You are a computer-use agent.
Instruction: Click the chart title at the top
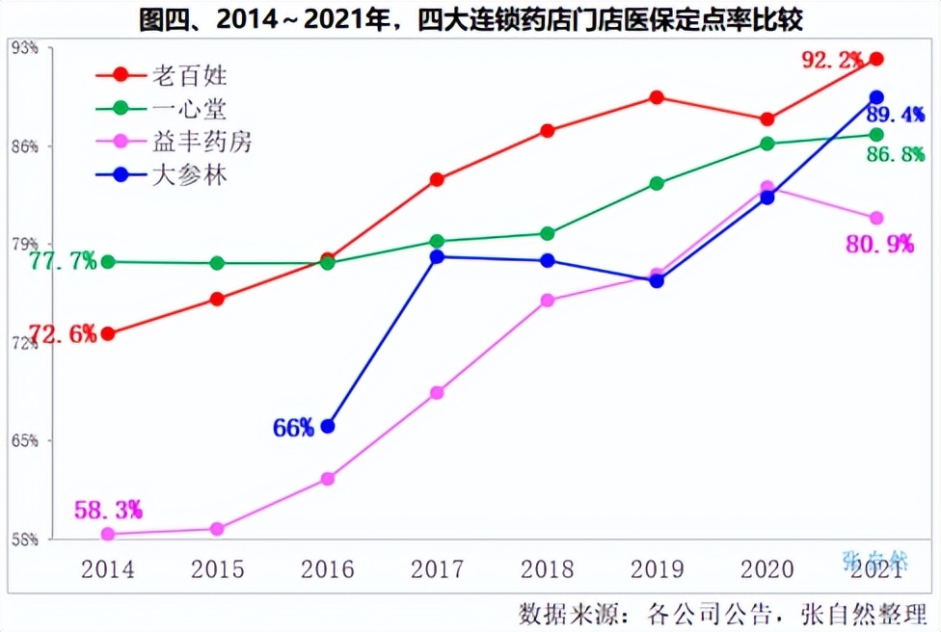470,19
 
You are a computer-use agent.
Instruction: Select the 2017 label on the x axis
437,569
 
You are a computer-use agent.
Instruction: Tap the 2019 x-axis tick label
657,569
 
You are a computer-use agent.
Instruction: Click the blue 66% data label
293,428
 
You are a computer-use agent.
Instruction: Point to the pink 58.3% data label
108,508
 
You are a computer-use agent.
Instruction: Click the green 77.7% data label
63,261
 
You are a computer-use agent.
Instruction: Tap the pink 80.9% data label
879,245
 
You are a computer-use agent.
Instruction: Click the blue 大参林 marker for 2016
328,426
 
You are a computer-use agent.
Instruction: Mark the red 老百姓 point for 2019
657,97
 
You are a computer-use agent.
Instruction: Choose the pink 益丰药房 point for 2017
437,393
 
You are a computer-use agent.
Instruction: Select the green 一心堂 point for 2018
547,233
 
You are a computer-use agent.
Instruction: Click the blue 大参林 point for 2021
876,97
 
